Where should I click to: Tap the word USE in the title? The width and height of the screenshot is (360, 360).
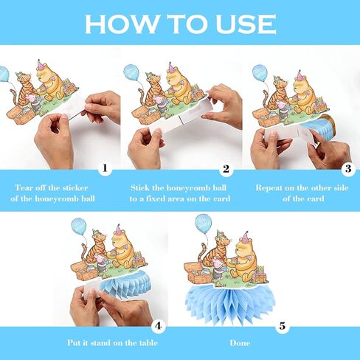pos(246,24)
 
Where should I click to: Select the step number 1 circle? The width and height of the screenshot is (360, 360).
pos(105,168)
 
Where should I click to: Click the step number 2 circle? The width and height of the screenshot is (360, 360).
pos(226,169)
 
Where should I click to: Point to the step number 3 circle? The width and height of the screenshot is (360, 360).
pos(348,169)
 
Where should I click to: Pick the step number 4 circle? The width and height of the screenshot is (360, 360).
pos(158,326)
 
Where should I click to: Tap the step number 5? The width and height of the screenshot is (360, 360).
pos(283,326)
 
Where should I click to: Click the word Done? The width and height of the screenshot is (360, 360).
pos(240,343)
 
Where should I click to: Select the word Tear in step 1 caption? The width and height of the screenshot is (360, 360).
pos(24,188)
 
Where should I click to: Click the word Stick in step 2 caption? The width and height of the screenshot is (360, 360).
pos(140,188)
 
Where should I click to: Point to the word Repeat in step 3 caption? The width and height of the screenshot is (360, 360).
pos(269,188)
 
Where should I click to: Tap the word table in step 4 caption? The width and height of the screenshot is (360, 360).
pos(148,343)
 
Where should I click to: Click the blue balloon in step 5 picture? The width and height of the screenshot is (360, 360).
pos(203,224)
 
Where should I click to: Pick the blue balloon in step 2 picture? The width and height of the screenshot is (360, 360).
pos(131,72)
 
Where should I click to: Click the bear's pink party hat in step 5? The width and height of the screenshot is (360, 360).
pos(245,237)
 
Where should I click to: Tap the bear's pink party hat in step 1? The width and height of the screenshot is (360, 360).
pos(41,65)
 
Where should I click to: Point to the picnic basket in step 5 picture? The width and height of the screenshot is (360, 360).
pos(197,272)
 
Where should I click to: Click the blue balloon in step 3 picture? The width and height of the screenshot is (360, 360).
pos(260,73)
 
